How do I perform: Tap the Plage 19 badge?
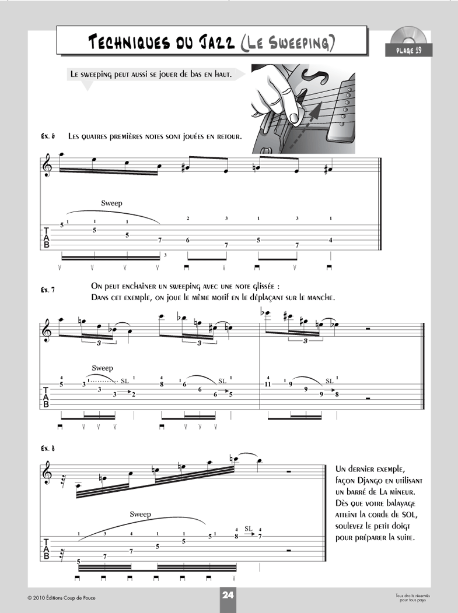tap(408, 51)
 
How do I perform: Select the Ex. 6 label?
tap(48, 137)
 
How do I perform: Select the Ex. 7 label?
tap(48, 290)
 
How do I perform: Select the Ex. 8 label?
tap(48, 448)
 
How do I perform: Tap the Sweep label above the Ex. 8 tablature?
tap(140, 515)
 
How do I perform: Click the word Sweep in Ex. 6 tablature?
tap(111, 203)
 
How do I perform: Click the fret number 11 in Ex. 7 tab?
tap(268, 385)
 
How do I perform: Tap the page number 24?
tap(228, 595)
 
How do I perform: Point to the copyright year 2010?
tap(40, 598)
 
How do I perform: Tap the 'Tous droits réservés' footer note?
tap(412, 595)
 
